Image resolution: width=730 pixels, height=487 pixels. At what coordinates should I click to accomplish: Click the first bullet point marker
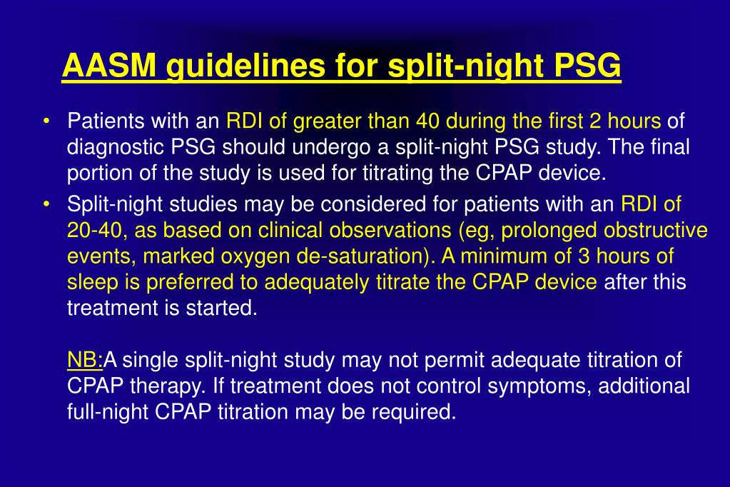(x=46, y=121)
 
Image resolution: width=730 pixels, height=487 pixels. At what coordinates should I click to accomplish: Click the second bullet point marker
(x=46, y=205)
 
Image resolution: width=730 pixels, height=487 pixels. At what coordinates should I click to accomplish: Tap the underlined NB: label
(x=86, y=360)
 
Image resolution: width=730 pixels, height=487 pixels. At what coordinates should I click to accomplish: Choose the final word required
(x=417, y=412)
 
